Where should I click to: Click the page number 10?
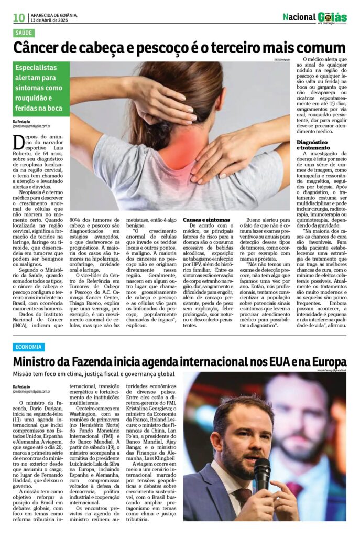[x=19, y=18]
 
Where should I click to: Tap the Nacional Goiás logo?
[x=314, y=17]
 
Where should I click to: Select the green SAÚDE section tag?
[x=24, y=33]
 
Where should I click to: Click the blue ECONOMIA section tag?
[x=29, y=347]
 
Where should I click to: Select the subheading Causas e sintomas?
[x=206, y=219]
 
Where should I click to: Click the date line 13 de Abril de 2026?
[x=54, y=20]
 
